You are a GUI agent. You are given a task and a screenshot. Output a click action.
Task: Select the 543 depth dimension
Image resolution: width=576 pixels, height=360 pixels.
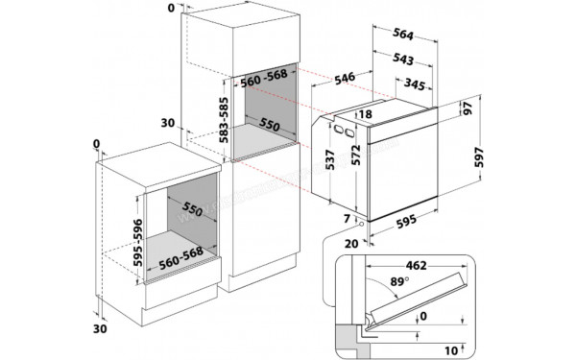pyautogui.click(x=404, y=60)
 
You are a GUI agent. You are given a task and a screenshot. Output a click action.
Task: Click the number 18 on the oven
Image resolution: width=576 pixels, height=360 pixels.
pyautogui.click(x=365, y=115)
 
